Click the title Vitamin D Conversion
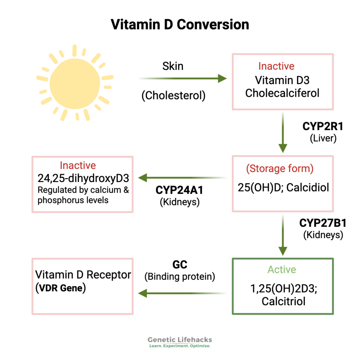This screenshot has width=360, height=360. pyautogui.click(x=180, y=25)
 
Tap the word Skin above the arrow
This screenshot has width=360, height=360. pyautogui.click(x=173, y=66)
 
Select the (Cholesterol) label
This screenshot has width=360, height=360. pyautogui.click(x=173, y=96)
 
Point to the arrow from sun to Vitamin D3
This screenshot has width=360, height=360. pyautogui.click(x=183, y=78)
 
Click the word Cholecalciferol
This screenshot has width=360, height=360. pyautogui.click(x=282, y=93)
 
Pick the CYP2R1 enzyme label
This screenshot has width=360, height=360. pyautogui.click(x=323, y=127)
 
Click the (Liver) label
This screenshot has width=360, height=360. pyautogui.click(x=323, y=139)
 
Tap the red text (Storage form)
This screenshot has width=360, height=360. pyautogui.click(x=279, y=168)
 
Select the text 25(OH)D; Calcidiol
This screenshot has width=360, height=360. pyautogui.click(x=283, y=187)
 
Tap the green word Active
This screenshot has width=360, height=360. pyautogui.click(x=282, y=270)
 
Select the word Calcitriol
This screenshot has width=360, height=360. pyautogui.click(x=283, y=301)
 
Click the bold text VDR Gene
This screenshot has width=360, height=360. pyautogui.click(x=60, y=288)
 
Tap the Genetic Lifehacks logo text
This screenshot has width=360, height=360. pyautogui.click(x=180, y=340)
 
